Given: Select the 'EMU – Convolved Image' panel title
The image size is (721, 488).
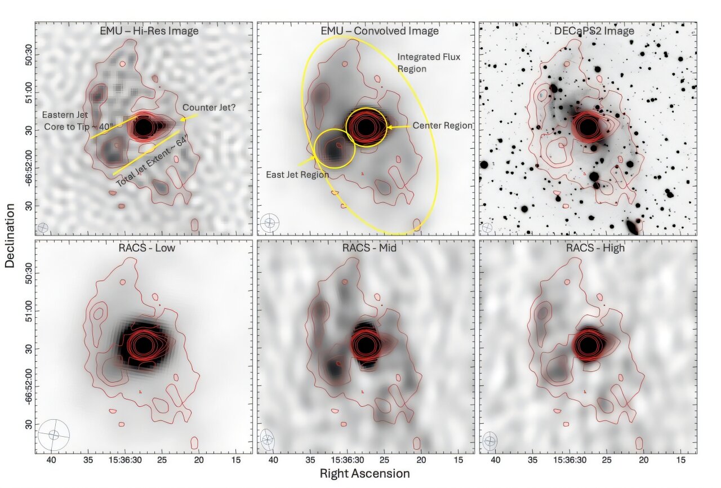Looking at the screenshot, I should click(x=365, y=31).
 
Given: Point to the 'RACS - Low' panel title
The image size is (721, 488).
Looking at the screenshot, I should click(x=143, y=248).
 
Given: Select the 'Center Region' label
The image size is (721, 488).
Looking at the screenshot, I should click(x=442, y=126).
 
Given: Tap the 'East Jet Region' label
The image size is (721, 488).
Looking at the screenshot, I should click(x=297, y=175).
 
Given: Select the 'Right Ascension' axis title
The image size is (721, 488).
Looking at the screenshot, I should click(x=364, y=473).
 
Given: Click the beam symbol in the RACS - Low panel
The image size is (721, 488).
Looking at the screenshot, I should click(x=54, y=435).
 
